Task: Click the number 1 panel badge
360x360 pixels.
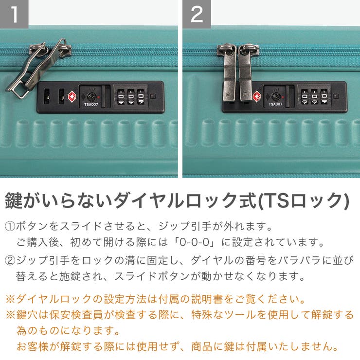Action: [x=14, y=14]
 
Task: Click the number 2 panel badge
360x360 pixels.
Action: [x=197, y=14]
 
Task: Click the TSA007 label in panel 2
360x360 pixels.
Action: [x=275, y=104]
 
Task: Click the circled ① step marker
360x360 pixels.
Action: [x=10, y=227]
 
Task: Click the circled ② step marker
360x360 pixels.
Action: [x=10, y=261]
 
